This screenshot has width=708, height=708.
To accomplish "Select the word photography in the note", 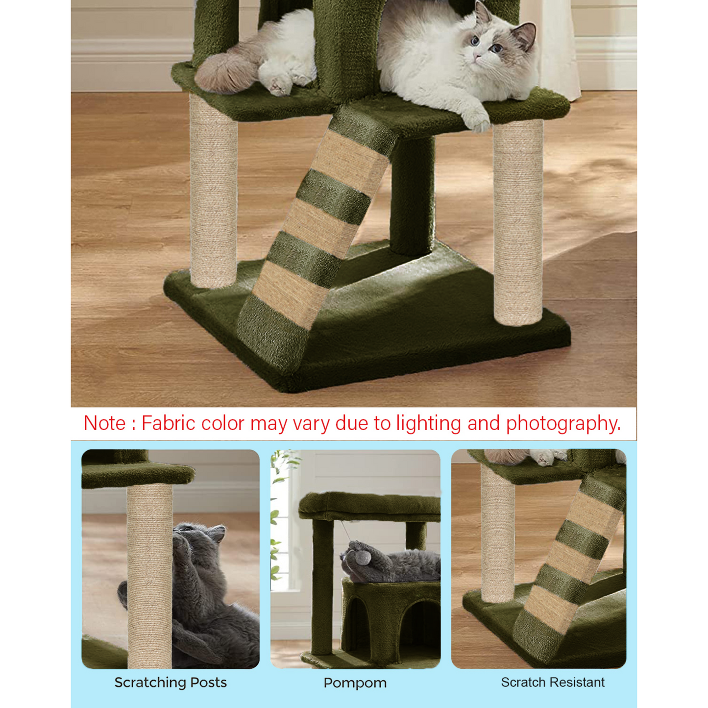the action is coord(563,424).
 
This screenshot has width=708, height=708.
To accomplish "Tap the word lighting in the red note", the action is coord(428,424).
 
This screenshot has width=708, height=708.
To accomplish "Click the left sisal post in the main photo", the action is coord(213,191).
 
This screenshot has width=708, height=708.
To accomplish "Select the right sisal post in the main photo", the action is coord(518,222).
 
